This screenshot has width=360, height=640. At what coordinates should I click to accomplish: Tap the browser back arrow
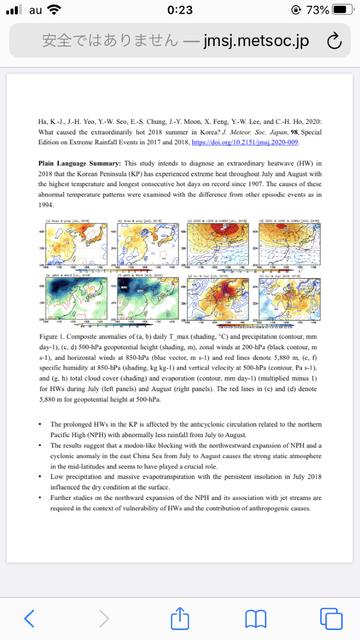pos(30,619)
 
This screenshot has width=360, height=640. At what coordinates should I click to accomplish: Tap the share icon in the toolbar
pos(179,618)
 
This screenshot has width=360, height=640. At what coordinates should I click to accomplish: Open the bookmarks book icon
pos(255,619)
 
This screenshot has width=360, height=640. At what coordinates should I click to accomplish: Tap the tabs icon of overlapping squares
pos(331,619)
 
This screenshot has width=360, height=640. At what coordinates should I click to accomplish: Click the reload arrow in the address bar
pos(333,41)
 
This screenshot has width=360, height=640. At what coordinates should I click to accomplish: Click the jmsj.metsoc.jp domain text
pos(256,41)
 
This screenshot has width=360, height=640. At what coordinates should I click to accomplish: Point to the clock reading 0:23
pos(180,10)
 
